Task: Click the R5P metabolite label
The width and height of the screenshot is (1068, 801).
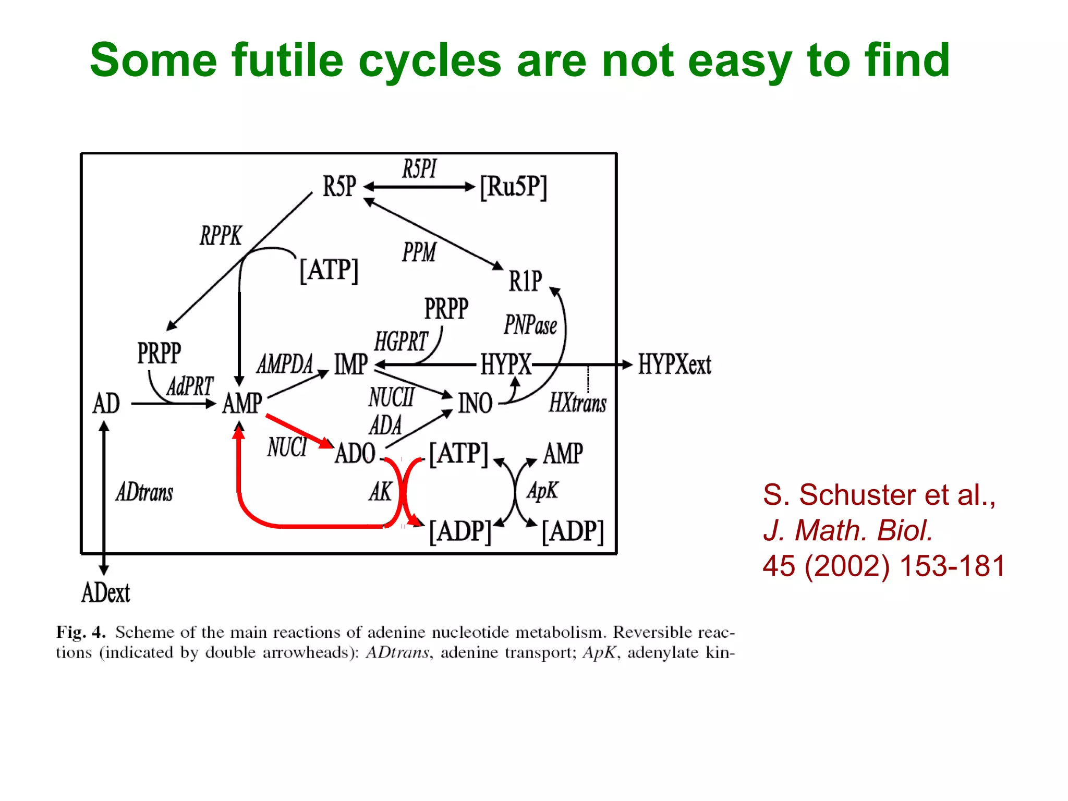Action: pos(339,186)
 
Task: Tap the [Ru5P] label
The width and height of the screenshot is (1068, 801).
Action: pos(514,187)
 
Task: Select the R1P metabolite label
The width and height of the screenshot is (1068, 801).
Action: pos(525,281)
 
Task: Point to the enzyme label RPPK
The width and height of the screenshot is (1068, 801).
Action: pos(221,236)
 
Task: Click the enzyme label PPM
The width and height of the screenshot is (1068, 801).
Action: pos(419,252)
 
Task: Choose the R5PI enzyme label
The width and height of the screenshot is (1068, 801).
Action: pos(419,169)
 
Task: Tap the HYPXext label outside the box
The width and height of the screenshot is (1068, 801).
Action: pos(675,364)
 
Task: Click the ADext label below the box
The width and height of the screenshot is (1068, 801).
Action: pos(105,593)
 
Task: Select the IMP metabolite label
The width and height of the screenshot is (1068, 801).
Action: pos(351,364)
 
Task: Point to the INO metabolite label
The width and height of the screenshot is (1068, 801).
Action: pos(475,403)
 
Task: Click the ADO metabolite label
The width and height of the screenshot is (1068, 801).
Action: pos(355,453)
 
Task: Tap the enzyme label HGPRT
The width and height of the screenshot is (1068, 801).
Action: pos(400,342)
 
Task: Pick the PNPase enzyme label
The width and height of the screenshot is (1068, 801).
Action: pos(530,325)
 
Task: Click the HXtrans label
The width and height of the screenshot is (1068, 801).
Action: pos(577,403)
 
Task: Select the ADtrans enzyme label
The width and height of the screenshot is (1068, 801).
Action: pos(144,492)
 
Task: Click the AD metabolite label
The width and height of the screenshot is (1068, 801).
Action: pos(106,403)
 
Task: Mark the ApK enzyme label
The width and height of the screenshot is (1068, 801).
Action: pos(542,491)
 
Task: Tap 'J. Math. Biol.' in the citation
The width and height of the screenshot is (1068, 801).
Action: pos(847,530)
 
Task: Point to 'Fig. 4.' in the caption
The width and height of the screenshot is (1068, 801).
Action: pos(81,633)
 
